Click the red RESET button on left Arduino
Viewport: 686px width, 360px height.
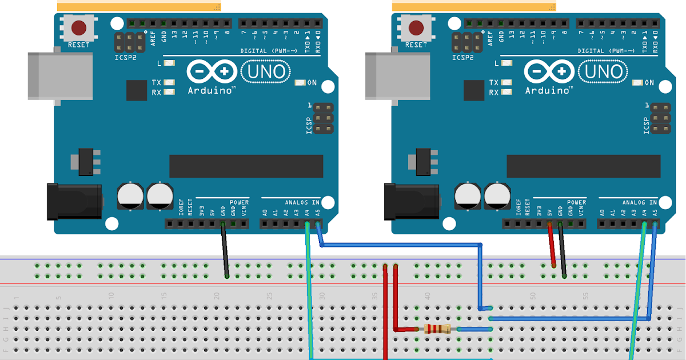click(x=78, y=27)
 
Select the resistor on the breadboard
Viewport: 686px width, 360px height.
click(x=437, y=329)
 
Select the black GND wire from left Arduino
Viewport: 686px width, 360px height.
click(x=225, y=251)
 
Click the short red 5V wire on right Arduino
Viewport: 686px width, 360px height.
click(x=552, y=246)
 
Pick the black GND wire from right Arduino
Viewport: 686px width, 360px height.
click(x=563, y=251)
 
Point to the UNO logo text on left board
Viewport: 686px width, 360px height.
click(x=266, y=72)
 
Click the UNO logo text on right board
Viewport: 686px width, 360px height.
click(x=603, y=72)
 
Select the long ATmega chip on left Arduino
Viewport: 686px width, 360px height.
click(x=246, y=166)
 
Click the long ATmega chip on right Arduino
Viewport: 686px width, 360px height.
click(x=583, y=166)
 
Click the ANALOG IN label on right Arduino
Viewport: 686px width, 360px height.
click(x=639, y=202)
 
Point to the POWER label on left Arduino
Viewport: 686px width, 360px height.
click(x=239, y=202)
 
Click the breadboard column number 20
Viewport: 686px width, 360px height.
click(x=217, y=296)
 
